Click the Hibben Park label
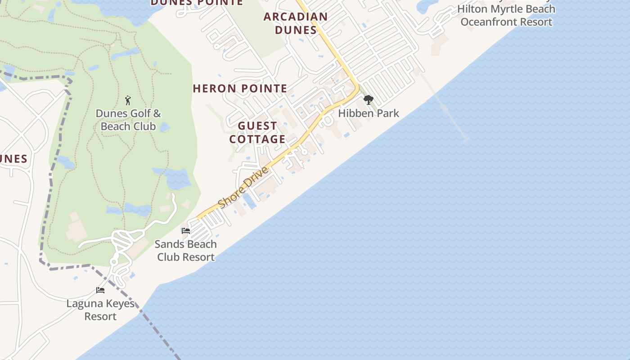tap(368, 113)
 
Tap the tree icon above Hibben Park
tap(368, 100)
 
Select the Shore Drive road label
tap(243, 187)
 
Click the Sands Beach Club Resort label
tap(185, 251)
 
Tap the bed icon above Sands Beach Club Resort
tap(185, 231)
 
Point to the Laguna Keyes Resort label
tap(100, 310)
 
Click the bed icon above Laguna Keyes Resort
tap(100, 290)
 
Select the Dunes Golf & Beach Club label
tap(128, 120)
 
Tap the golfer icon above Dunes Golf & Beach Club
tap(128, 100)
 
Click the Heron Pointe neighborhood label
tap(240, 89)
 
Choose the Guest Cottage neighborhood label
tap(257, 132)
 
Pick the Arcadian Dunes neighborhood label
tap(296, 23)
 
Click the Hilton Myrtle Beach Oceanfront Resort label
tap(506, 15)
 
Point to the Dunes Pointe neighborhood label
tap(197, 3)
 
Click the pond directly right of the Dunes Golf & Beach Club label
tap(165, 127)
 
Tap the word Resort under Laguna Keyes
tap(100, 316)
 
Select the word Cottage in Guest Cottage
tap(257, 139)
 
